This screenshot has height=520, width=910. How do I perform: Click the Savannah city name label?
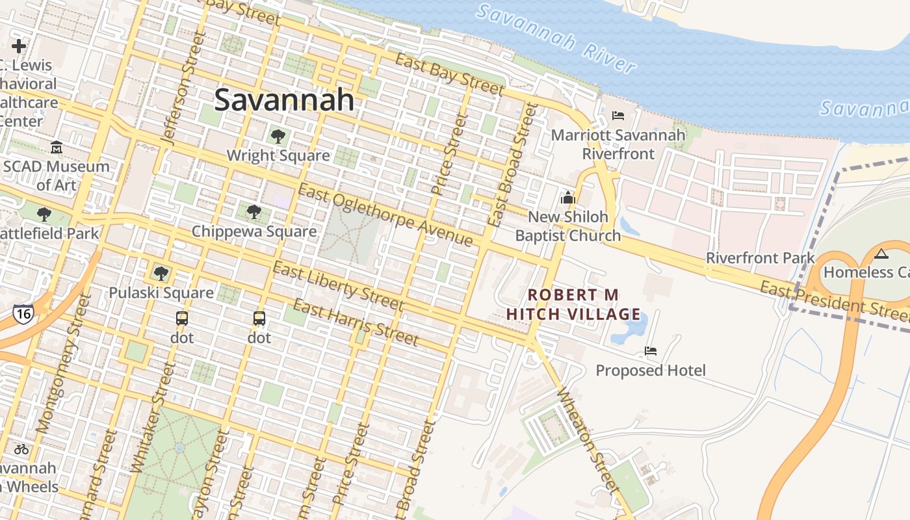pos(284,100)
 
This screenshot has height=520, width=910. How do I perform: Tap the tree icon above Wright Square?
pos(278,136)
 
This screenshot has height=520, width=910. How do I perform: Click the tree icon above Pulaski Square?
pos(161,274)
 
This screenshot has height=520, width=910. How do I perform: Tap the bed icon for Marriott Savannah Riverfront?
pos(617,116)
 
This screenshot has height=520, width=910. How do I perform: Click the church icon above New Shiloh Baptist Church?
pos(568,198)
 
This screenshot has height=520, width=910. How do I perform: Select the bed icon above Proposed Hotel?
pos(650,351)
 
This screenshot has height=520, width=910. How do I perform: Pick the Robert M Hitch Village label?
pos(573,304)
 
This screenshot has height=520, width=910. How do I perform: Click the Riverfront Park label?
pos(760,258)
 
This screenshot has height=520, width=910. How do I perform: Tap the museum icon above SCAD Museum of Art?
pos(57,148)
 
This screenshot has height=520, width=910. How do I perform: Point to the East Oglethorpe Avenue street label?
pos(385,215)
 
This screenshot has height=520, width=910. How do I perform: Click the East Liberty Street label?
pos(338,286)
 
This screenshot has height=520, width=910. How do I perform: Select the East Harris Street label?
pos(356,322)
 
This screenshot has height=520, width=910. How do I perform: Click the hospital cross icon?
pos(19,46)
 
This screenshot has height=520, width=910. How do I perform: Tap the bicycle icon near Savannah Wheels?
pos(21,448)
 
